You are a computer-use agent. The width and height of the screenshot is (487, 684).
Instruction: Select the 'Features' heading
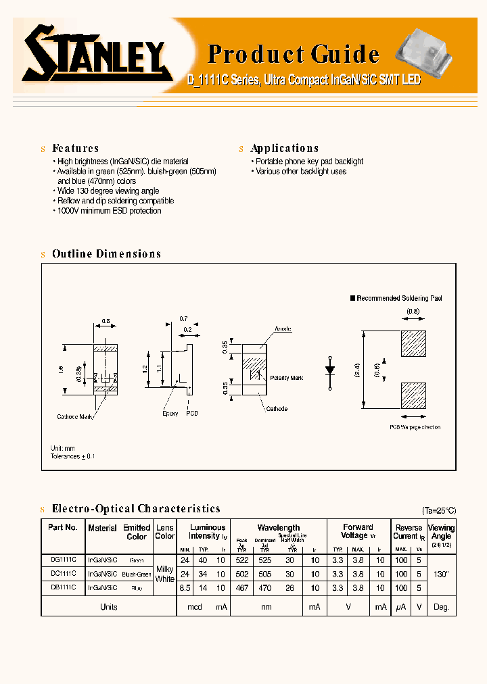75,148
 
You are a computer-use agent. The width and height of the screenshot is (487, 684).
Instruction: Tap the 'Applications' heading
284,148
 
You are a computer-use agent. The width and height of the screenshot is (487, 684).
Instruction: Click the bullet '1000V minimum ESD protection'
109,211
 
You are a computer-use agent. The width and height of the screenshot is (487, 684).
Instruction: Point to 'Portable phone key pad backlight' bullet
309,162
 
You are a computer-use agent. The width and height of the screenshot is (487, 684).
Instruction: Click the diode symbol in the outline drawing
330,370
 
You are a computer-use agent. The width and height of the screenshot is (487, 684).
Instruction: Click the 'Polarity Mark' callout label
286,378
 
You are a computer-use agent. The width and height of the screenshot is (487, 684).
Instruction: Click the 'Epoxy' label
170,413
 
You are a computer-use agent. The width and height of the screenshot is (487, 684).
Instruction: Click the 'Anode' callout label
283,328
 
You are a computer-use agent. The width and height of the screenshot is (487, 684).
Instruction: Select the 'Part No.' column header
63,527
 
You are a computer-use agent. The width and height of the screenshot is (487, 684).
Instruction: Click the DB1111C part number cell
63,588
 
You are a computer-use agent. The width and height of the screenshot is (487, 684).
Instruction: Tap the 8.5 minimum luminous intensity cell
185,588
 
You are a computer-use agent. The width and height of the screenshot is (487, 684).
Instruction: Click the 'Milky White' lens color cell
165,574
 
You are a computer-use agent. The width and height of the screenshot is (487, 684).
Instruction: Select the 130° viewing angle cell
441,574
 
